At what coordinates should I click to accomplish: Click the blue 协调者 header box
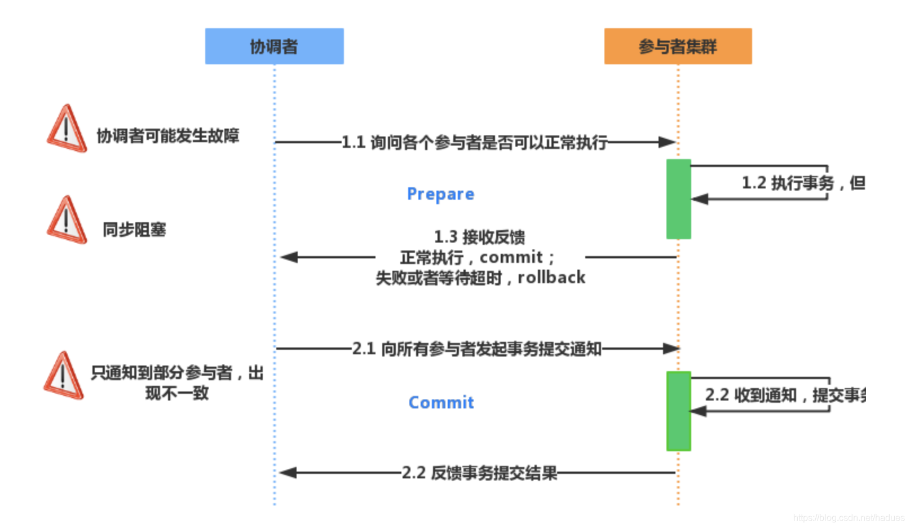tap(274, 46)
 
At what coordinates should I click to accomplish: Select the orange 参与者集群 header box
tap(678, 46)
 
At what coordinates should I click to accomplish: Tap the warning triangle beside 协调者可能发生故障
tap(67, 129)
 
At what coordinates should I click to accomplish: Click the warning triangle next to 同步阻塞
tap(67, 221)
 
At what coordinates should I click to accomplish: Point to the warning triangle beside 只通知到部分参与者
tap(64, 376)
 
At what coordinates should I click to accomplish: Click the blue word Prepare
tap(440, 194)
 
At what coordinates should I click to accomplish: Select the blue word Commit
tap(441, 402)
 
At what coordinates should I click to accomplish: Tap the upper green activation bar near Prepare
tap(678, 199)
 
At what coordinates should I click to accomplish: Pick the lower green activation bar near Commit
tap(678, 411)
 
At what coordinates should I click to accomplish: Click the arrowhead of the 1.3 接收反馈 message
tap(289, 257)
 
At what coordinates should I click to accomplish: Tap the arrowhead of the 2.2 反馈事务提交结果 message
tap(288, 473)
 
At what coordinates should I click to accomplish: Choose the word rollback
tap(551, 278)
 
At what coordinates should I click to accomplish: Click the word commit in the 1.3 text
tap(511, 257)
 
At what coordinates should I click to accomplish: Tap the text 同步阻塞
tap(134, 230)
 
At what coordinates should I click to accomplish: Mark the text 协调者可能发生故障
tap(168, 136)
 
